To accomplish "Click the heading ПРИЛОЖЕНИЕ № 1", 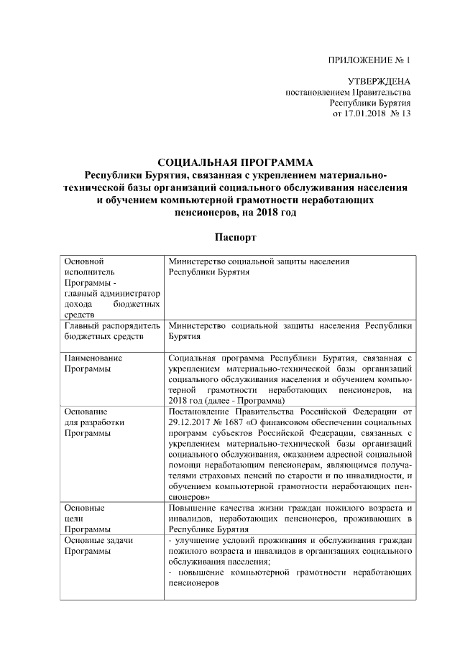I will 369,60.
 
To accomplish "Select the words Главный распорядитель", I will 111,325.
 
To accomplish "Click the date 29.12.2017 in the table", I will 190,422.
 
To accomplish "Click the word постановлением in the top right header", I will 316,93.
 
